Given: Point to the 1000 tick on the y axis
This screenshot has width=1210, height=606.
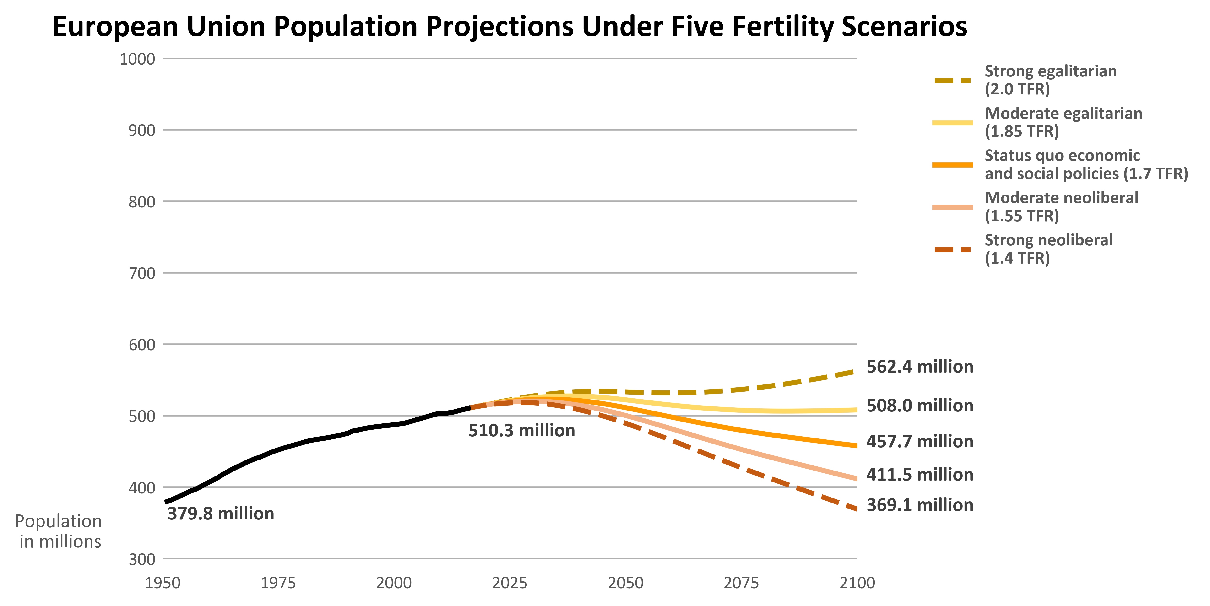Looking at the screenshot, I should pos(137,59).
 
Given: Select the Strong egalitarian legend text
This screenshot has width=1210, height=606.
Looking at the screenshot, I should pos(1050,80).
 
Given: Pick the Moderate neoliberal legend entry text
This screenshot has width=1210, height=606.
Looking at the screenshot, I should pos(1061,207).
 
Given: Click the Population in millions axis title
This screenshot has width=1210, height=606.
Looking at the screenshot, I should pos(59,531).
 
